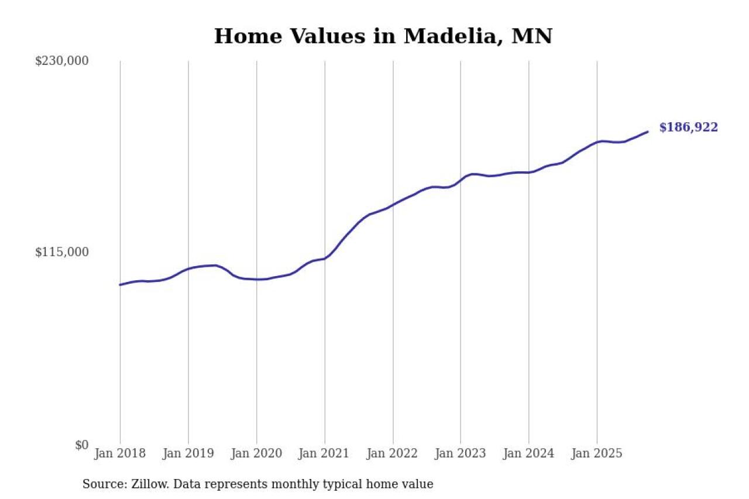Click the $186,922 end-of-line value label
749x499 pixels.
pyautogui.click(x=688, y=128)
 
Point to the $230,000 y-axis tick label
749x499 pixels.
pyautogui.click(x=61, y=61)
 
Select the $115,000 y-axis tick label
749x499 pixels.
pyautogui.click(x=61, y=252)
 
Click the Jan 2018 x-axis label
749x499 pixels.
pyautogui.click(x=120, y=453)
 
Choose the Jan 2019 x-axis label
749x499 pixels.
pyautogui.click(x=188, y=453)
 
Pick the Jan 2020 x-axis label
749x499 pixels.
pyautogui.click(x=256, y=453)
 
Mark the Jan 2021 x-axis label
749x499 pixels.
pyautogui.click(x=325, y=453)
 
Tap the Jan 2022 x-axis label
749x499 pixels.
pyautogui.click(x=393, y=453)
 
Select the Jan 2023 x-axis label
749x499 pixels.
pyautogui.click(x=461, y=453)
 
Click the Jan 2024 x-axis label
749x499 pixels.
pyautogui.click(x=529, y=453)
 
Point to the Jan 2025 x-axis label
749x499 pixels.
pyautogui.click(x=597, y=453)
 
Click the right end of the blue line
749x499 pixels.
pyautogui.click(x=648, y=132)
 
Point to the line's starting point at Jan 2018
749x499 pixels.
pyautogui.click(x=120, y=285)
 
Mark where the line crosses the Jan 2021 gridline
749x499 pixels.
pyautogui.click(x=325, y=259)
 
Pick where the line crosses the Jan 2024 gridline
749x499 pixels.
pyautogui.click(x=529, y=172)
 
